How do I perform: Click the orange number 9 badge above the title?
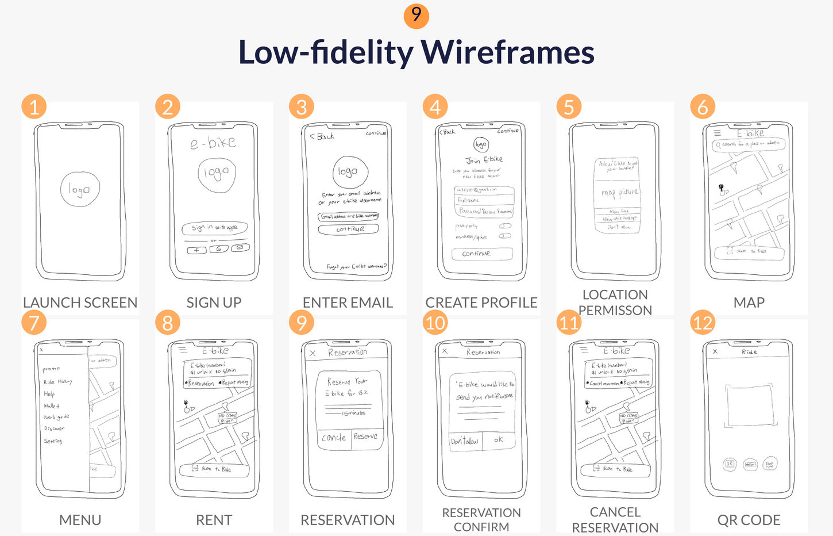[416, 15]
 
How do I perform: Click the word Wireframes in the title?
[508, 52]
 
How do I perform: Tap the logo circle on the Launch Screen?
[80, 189]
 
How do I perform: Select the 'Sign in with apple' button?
[214, 228]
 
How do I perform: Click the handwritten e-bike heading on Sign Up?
[213, 143]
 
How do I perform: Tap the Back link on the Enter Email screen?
[322, 136]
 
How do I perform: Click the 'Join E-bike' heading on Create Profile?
[484, 160]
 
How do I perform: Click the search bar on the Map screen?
[749, 144]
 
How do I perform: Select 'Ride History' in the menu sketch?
[57, 381]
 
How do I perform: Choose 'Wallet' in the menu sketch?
[51, 405]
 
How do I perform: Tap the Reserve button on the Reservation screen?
[365, 437]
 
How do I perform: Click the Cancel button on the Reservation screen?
[334, 438]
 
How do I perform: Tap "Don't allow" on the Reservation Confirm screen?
[465, 441]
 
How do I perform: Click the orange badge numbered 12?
[703, 323]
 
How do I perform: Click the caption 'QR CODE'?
[749, 520]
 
